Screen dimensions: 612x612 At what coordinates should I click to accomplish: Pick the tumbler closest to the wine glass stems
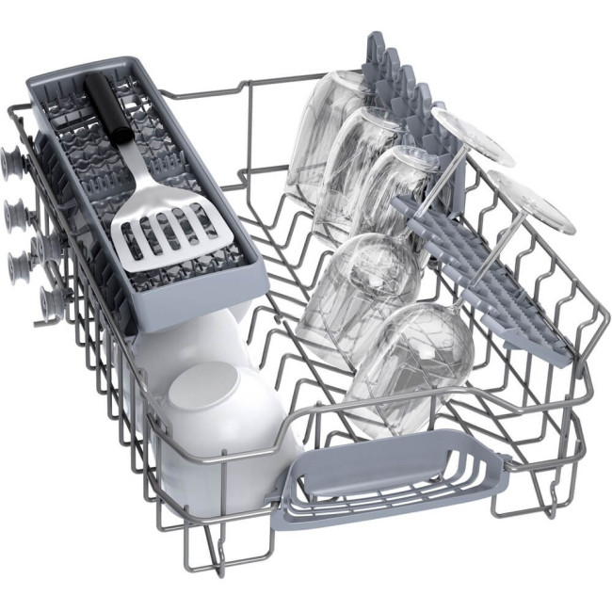[395, 193]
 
